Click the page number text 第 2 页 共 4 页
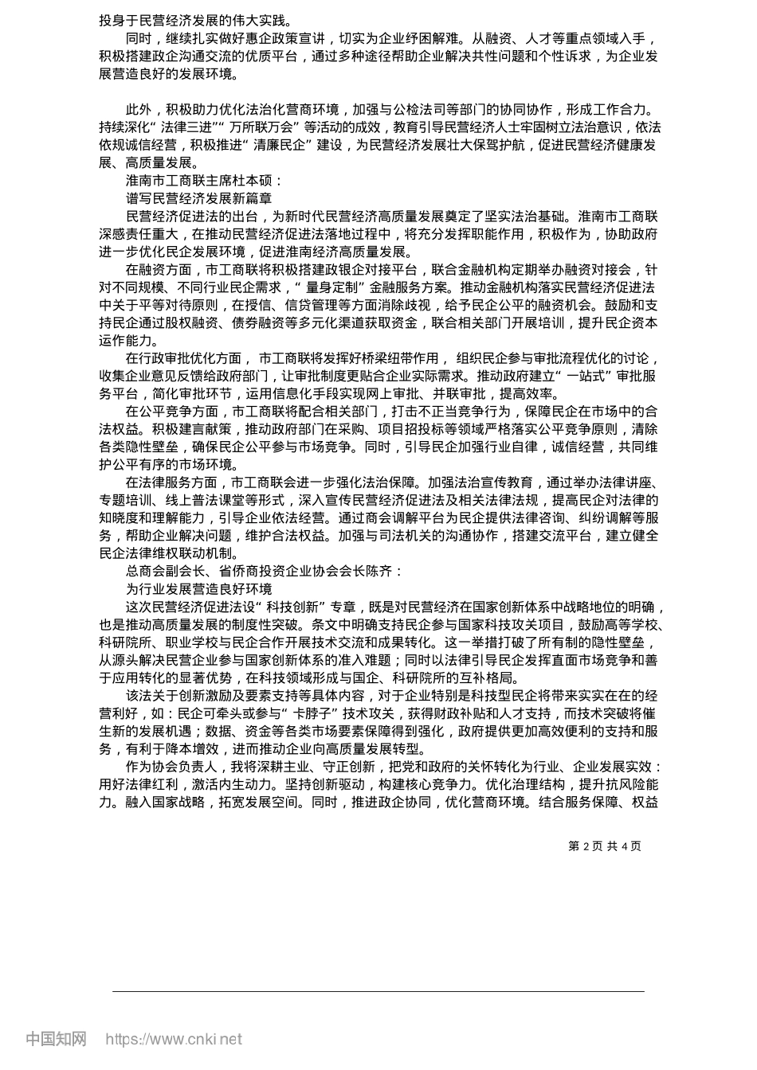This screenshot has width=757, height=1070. (604, 845)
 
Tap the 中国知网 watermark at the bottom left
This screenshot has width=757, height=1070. (56, 1039)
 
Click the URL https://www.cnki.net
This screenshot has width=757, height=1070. (174, 1039)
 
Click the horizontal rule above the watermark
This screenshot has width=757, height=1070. (378, 992)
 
